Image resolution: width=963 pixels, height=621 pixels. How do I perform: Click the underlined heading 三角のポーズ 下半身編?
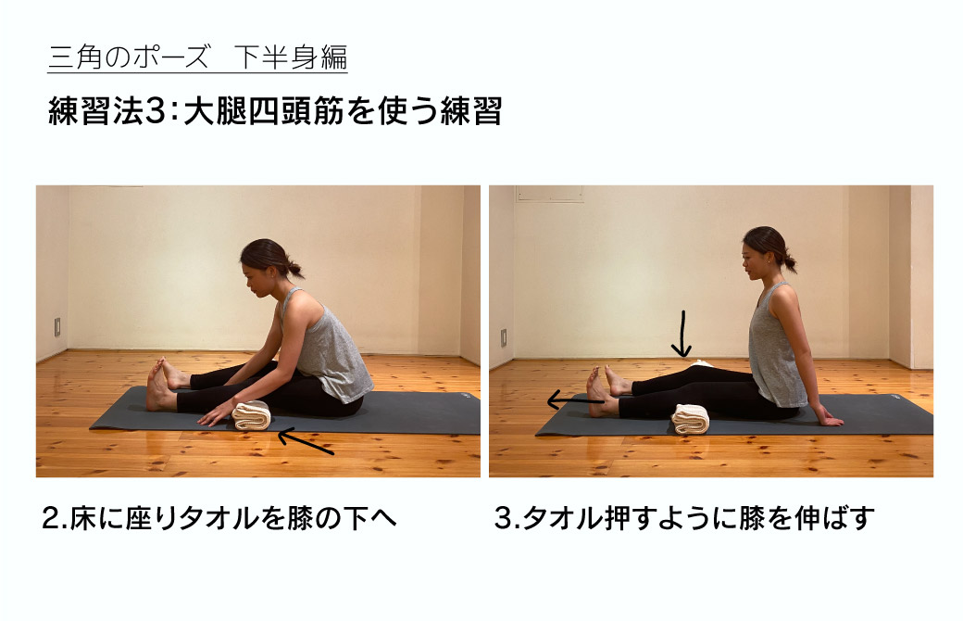coord(197,57)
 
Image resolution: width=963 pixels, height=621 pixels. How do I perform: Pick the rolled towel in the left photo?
coord(251,416)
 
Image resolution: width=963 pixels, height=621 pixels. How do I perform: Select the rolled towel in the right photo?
coord(690,419)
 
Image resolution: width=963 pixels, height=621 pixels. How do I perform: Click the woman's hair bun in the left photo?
coord(294,270)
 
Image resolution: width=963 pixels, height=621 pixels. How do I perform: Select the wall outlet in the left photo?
coord(57,326)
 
